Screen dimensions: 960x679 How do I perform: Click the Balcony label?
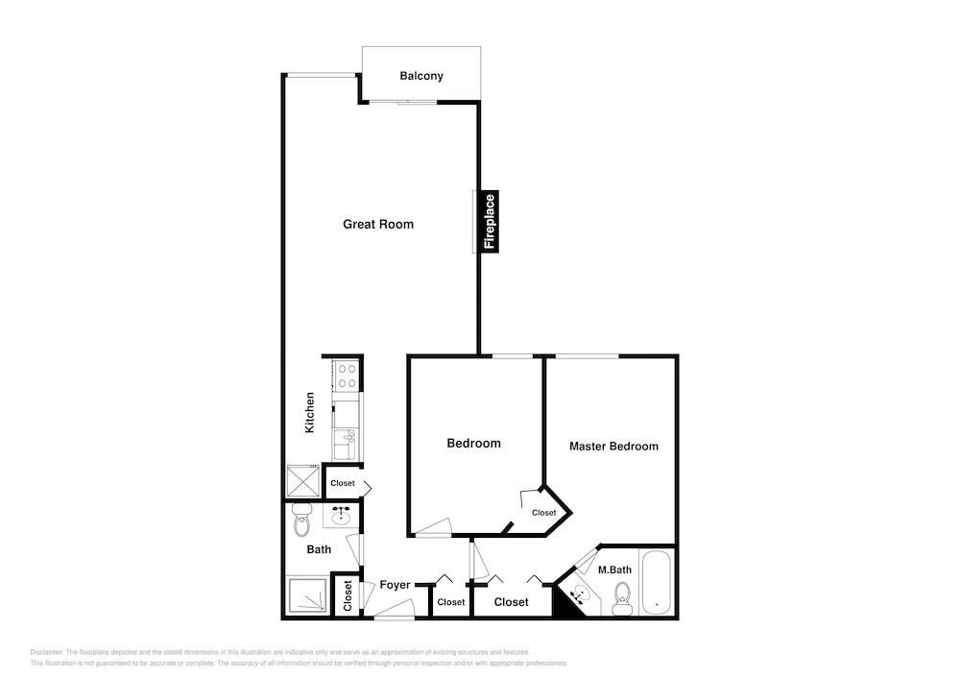pyautogui.click(x=421, y=76)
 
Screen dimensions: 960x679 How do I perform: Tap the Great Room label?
pyautogui.click(x=378, y=224)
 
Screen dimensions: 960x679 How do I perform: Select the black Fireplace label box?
pyautogui.click(x=490, y=221)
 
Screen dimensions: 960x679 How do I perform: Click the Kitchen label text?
pyautogui.click(x=310, y=413)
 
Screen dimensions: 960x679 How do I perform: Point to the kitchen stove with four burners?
pyautogui.click(x=347, y=376)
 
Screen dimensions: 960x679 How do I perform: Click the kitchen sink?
pyautogui.click(x=347, y=444)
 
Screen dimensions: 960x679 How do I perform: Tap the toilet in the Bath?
pyautogui.click(x=301, y=520)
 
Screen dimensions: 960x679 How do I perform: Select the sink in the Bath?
pyautogui.click(x=340, y=518)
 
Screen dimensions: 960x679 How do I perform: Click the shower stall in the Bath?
pyautogui.click(x=307, y=595)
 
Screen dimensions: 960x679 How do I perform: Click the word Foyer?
pyautogui.click(x=395, y=585)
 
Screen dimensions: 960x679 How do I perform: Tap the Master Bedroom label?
pyautogui.click(x=614, y=447)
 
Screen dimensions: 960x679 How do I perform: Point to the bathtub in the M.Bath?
pyautogui.click(x=656, y=582)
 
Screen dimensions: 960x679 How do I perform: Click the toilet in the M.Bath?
pyautogui.click(x=622, y=597)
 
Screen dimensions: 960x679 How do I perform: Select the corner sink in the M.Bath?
pyautogui.click(x=579, y=594)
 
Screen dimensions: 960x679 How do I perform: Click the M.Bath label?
pyautogui.click(x=614, y=570)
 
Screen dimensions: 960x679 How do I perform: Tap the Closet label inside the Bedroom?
pyautogui.click(x=543, y=513)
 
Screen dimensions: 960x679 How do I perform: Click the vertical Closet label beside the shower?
pyautogui.click(x=348, y=595)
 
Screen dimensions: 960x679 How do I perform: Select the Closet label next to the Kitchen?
pyautogui.click(x=343, y=483)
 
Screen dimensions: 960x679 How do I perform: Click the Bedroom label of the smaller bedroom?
pyautogui.click(x=474, y=444)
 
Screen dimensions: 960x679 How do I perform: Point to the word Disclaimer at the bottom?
pyautogui.click(x=46, y=653)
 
